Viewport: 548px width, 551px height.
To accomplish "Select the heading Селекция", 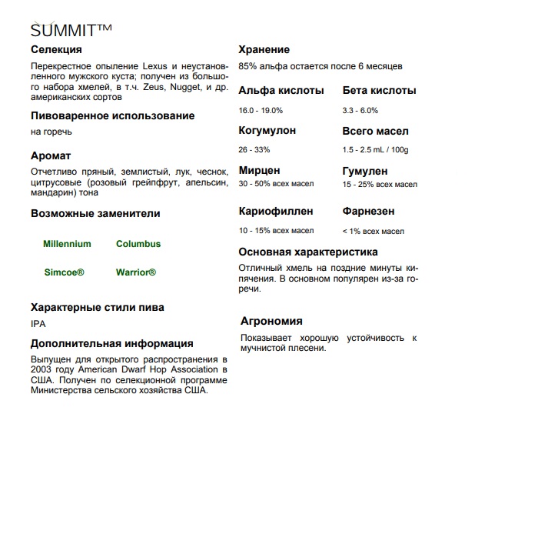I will [56, 50].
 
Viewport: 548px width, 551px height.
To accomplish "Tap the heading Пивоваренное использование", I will [112, 115].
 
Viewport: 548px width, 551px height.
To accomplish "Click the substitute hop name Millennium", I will [67, 244].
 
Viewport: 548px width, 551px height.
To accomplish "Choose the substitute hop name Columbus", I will [138, 244].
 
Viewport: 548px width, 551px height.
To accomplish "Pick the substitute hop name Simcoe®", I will [64, 272].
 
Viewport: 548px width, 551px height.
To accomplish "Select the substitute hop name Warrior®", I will [136, 272].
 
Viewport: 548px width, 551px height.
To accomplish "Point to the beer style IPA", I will [38, 324].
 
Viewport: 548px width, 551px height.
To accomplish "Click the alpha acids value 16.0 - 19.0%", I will [261, 110].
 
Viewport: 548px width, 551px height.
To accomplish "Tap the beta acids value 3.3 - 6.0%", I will [360, 110].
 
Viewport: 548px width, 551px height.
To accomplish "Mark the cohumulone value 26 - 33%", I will [254, 149].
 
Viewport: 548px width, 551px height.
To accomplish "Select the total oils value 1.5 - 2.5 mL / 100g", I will [375, 149].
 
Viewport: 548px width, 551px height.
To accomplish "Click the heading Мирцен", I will [259, 170].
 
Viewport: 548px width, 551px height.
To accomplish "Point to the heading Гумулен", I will [365, 171].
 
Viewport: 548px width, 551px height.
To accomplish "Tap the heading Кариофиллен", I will [276, 210].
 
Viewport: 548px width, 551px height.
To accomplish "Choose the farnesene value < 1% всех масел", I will [373, 231].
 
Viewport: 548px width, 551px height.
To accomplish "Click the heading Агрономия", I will [271, 321].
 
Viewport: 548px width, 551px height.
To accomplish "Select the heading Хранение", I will [264, 49].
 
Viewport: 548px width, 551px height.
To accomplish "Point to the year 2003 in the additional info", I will [41, 369].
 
